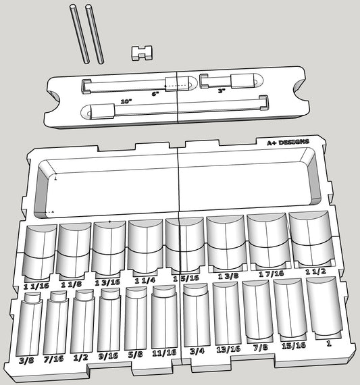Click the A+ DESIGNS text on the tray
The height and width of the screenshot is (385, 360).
tap(288, 143)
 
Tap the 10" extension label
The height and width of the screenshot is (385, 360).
tap(126, 101)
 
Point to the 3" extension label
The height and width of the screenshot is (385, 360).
tap(221, 91)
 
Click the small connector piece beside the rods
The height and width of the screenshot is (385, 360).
tap(140, 52)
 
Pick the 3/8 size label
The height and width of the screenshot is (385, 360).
tap(28, 360)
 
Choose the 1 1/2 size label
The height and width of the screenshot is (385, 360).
tap(316, 272)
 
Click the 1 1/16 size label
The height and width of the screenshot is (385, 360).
tap(36, 286)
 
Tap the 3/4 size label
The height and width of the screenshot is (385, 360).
tap(196, 351)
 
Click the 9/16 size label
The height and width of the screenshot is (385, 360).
tap(107, 356)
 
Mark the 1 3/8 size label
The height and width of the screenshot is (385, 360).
tap(229, 276)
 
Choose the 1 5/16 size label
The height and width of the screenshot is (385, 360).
tap(185, 278)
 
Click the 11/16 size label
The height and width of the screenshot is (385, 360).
tap(163, 353)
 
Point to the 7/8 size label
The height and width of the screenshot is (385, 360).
tap(259, 348)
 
